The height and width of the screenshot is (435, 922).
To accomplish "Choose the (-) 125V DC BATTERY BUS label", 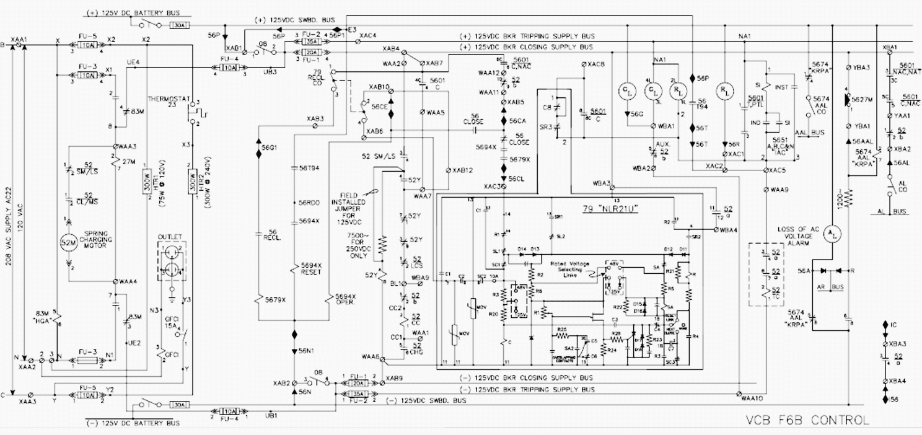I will tap(132, 423).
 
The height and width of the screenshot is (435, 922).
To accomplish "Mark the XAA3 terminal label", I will tap(28, 402).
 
